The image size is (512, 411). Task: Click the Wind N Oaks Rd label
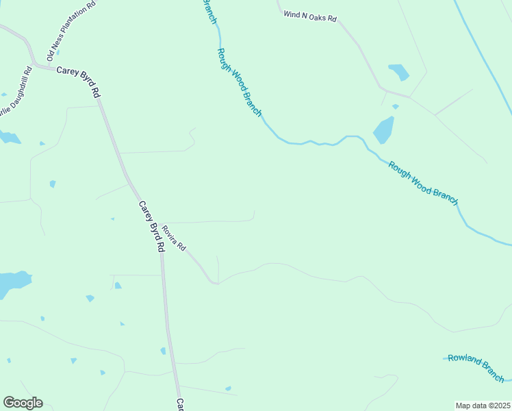tap(310, 16)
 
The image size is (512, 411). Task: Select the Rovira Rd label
tap(174, 238)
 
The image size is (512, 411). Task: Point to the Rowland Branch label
tap(476, 368)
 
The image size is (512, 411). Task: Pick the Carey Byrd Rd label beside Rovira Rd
tap(152, 226)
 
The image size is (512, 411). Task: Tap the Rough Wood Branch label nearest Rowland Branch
tap(422, 183)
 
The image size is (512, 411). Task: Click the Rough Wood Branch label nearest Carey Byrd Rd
tap(239, 82)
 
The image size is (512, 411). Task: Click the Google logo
tap(23, 403)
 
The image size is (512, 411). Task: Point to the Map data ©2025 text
tap(483, 406)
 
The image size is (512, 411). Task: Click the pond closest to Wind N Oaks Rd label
tap(398, 71)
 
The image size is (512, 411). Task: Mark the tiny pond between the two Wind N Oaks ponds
tap(396, 106)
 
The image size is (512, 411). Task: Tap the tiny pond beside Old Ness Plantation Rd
tap(57, 52)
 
